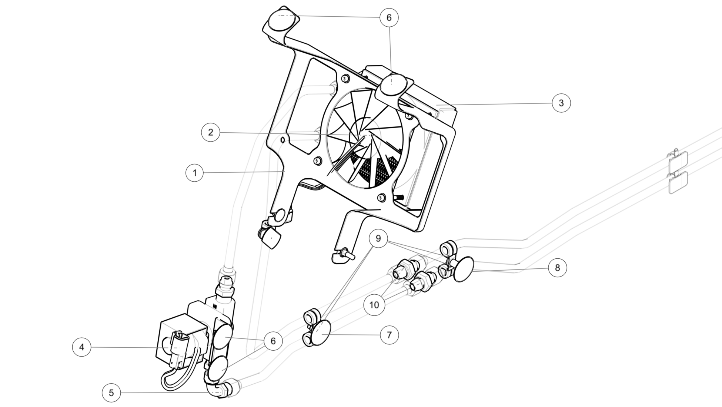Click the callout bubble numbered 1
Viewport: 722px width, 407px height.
tap(194, 172)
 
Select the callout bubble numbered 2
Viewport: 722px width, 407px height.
tap(211, 132)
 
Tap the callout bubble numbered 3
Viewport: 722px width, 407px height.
tap(561, 103)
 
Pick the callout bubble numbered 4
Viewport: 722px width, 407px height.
tap(81, 347)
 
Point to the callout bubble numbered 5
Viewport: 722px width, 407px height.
tap(111, 393)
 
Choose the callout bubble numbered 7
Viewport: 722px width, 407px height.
tap(389, 335)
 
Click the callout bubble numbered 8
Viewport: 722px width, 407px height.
tap(558, 267)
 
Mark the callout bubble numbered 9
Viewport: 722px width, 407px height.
tap(378, 238)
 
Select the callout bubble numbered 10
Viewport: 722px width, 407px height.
tap(374, 305)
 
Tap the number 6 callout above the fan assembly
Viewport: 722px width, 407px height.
tap(389, 17)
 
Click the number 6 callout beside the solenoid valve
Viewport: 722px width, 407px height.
tap(273, 341)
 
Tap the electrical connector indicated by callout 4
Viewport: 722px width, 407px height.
tap(179, 348)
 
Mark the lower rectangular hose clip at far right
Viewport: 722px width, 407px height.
tap(678, 183)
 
